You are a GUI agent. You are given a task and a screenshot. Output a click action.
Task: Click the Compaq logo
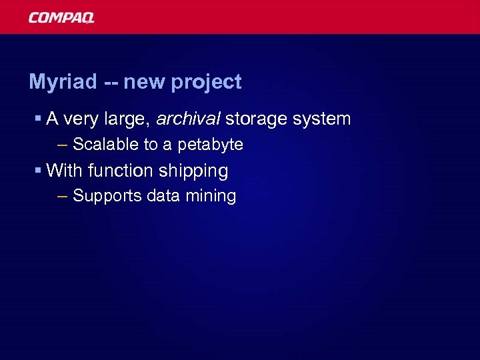pyautogui.click(x=61, y=17)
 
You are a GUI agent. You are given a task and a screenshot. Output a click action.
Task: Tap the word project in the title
pyautogui.click(x=206, y=82)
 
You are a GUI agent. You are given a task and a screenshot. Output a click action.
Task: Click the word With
pyautogui.click(x=65, y=171)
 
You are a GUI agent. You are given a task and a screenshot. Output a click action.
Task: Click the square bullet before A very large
pyautogui.click(x=39, y=119)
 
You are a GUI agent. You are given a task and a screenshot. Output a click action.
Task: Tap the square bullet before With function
pyautogui.click(x=39, y=171)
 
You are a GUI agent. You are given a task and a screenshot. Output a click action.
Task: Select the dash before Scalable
pyautogui.click(x=63, y=144)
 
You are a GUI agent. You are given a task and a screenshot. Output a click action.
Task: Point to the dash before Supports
pyautogui.click(x=63, y=196)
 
